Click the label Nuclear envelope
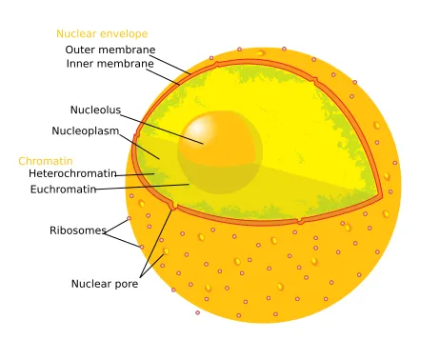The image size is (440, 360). tap(101, 34)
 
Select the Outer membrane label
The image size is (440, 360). tap(110, 50)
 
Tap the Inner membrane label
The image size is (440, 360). tap(110, 64)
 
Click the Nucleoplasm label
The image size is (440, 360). tap(91, 130)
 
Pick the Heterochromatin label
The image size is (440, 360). tap(72, 174)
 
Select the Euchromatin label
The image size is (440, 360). tap(63, 190)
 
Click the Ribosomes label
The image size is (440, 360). tap(77, 230)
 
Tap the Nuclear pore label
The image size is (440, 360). tap(104, 284)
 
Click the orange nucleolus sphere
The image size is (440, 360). tap(220, 148)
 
